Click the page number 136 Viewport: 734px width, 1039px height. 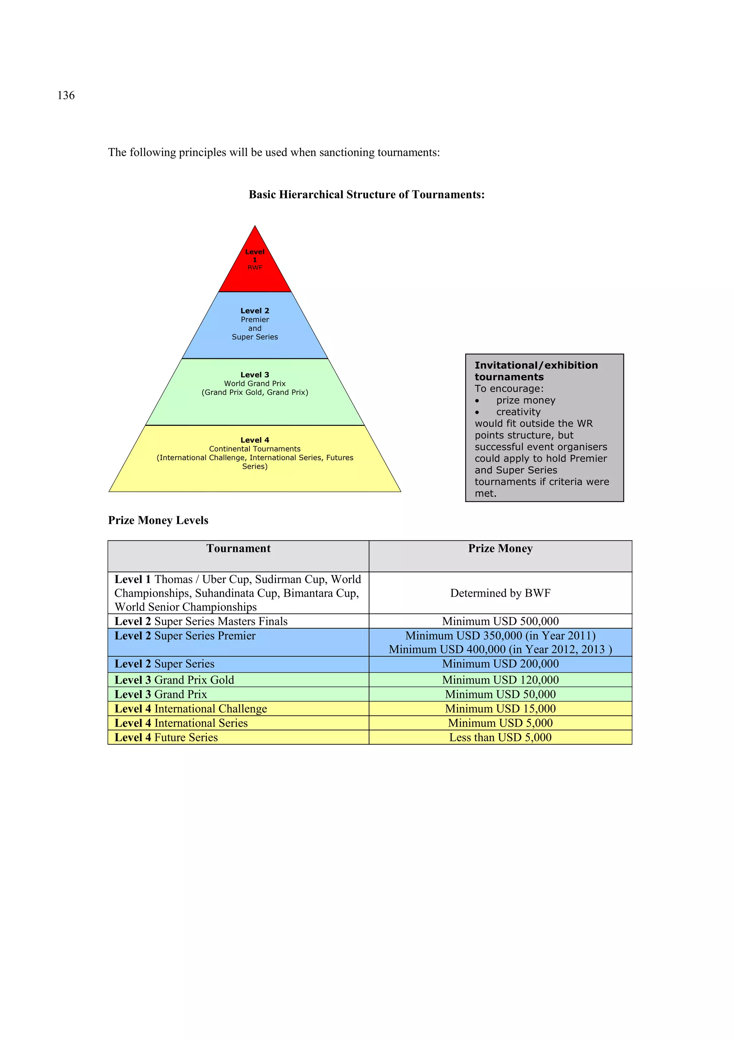66,96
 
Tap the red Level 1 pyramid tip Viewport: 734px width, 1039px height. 255,267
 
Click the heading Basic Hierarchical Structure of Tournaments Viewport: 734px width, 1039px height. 366,194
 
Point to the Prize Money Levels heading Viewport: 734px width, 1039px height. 158,520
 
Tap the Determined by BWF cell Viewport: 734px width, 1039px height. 500,593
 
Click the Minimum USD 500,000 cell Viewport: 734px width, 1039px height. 500,621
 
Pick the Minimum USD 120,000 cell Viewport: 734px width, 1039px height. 500,680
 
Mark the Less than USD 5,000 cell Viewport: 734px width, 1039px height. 500,737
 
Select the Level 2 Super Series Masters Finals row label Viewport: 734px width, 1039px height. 201,621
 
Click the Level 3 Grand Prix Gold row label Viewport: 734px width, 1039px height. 174,680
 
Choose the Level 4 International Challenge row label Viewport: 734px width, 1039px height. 191,709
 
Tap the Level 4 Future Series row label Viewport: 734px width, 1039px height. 166,737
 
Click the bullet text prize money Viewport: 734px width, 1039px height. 526,400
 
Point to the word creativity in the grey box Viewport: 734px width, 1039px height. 519,412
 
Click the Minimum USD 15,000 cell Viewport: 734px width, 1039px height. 500,709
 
